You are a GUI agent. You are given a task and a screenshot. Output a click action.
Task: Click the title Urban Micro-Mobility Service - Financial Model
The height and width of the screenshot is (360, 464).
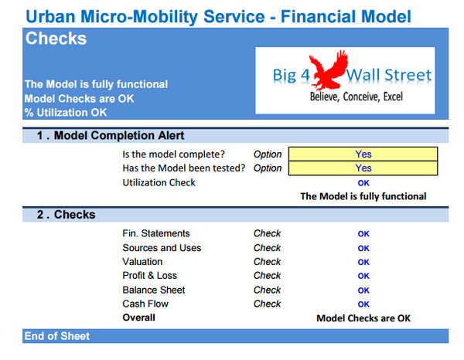(218, 15)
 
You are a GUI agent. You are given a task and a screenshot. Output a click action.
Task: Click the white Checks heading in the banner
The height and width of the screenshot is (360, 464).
(56, 39)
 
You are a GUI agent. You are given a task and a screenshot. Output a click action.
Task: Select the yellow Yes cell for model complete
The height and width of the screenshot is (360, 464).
(363, 154)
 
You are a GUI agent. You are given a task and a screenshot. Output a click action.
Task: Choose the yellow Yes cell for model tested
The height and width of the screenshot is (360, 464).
(363, 168)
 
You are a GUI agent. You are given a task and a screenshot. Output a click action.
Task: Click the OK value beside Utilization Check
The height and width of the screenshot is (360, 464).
(363, 182)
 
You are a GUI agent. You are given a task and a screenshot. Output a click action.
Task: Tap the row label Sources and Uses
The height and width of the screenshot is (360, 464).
(162, 248)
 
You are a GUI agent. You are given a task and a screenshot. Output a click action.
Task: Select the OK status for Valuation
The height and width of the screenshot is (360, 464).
(363, 262)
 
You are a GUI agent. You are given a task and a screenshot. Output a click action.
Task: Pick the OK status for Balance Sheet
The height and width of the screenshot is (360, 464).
(363, 290)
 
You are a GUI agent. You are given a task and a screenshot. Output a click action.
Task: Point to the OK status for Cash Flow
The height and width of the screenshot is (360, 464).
(363, 304)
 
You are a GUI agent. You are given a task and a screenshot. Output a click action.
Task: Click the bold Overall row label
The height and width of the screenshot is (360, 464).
(138, 318)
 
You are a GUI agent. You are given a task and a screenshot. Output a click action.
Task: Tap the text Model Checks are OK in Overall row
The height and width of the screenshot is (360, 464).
(363, 318)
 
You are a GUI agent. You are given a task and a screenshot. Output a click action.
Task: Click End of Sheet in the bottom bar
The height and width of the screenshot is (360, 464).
(57, 336)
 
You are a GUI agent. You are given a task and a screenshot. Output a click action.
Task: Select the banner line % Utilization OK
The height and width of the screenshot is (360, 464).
(66, 112)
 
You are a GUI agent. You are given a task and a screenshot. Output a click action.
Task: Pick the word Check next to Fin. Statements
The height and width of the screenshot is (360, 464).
(267, 233)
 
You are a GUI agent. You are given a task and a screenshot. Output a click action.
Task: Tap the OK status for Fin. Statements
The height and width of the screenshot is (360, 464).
(363, 233)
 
